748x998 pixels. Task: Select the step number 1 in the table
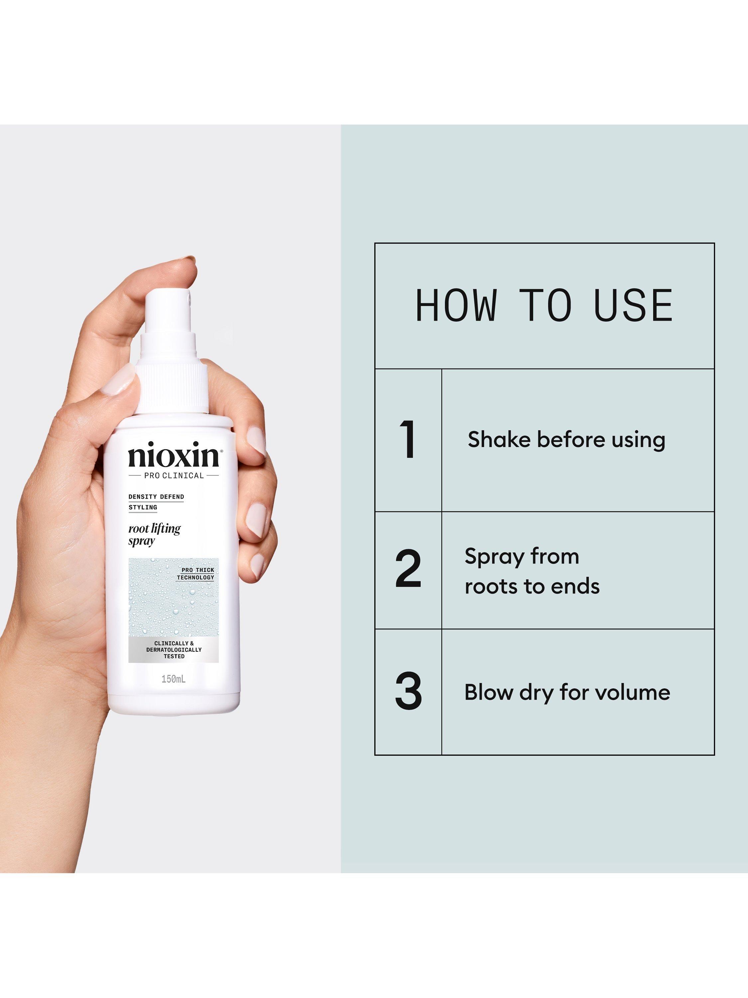(x=408, y=439)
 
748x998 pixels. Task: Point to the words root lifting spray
(x=154, y=535)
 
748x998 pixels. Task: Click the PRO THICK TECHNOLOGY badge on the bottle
(x=195, y=574)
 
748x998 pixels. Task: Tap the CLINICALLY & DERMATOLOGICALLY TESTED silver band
(x=174, y=650)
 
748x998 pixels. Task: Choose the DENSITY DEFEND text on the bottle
(x=156, y=497)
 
